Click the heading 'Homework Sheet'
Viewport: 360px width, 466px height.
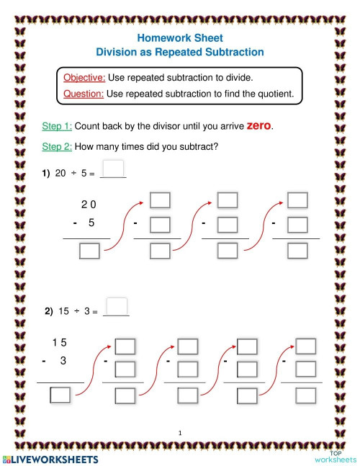[180, 37]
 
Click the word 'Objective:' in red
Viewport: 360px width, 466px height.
[85, 78]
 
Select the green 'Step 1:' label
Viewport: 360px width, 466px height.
[57, 126]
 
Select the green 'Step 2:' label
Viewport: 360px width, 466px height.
[57, 147]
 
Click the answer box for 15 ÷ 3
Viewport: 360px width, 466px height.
[117, 305]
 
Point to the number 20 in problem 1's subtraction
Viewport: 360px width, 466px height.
[89, 205]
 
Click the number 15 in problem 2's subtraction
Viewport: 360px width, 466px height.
[60, 343]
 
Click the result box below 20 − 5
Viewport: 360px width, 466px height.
[89, 251]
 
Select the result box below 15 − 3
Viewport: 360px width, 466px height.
[60, 394]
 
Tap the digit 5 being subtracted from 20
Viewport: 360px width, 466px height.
[91, 223]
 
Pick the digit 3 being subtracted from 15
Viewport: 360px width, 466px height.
[63, 360]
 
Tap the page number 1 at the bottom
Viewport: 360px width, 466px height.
[180, 432]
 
